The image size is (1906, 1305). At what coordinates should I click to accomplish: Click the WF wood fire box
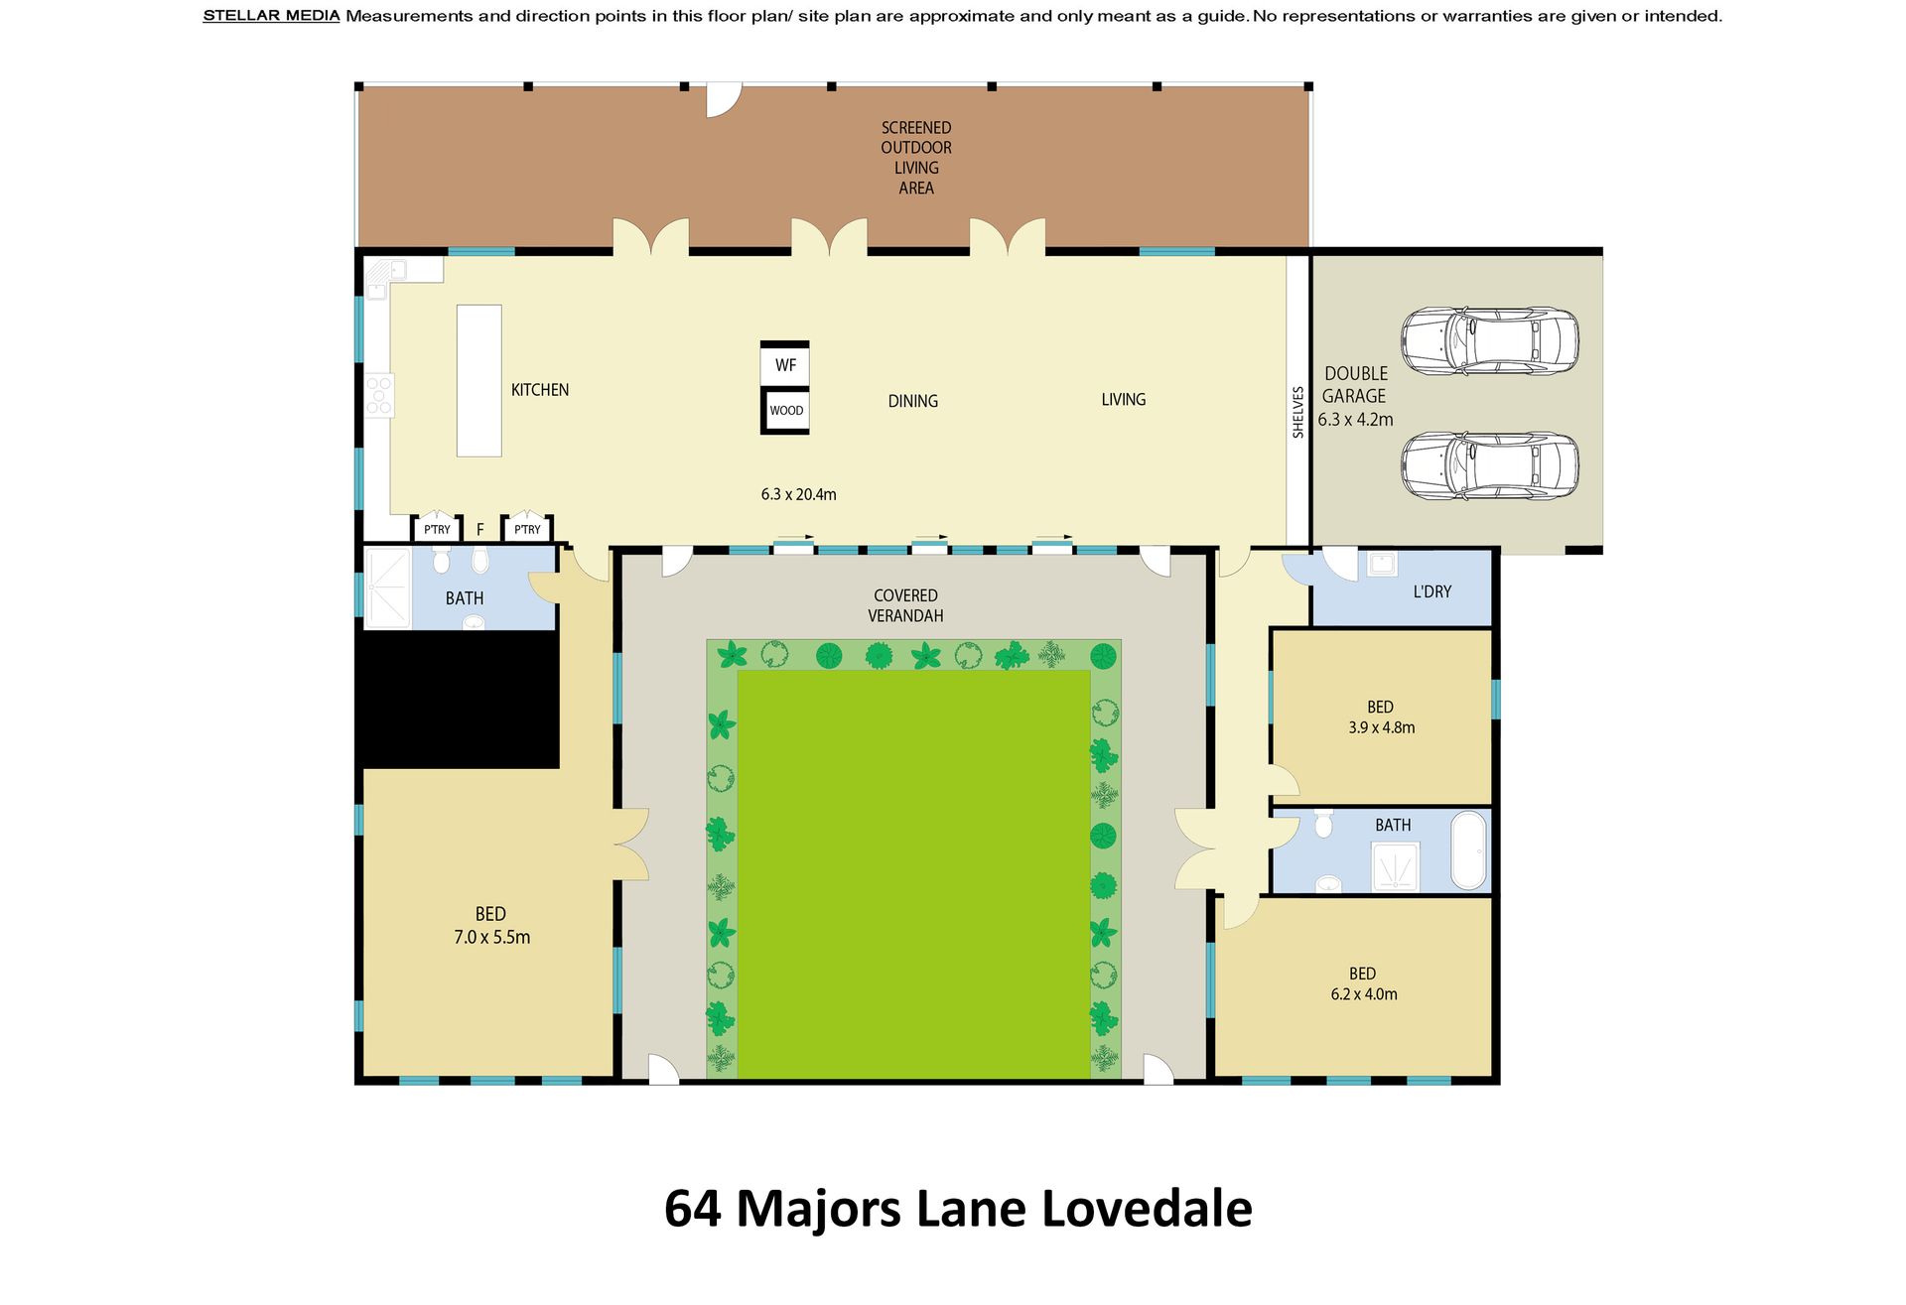785,364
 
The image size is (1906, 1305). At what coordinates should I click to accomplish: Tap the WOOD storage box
786,411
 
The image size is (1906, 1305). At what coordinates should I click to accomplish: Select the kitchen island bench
478,380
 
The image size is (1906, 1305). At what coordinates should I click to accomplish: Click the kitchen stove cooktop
379,395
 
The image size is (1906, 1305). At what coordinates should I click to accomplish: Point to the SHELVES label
1297,412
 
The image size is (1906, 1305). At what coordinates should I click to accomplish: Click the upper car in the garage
1489,340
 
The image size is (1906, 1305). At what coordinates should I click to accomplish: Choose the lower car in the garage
1489,465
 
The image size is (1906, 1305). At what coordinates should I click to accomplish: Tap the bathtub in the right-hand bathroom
1469,850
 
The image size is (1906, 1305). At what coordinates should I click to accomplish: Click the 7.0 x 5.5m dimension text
492,937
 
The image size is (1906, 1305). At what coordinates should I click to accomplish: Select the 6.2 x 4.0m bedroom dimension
1364,994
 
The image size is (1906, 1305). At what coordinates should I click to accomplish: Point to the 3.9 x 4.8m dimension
1382,727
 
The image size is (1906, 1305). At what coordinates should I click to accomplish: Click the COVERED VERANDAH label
905,605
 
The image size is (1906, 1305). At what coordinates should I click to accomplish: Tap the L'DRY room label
1431,591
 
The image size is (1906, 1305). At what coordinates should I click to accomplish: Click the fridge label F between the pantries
480,530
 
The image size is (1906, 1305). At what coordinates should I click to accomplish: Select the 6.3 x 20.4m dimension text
799,494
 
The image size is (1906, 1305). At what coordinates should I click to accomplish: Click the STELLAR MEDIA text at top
271,16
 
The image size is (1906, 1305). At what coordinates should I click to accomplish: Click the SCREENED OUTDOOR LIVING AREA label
916,158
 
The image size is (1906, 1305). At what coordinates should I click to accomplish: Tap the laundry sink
1381,565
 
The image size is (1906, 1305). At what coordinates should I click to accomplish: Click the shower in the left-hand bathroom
387,588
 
